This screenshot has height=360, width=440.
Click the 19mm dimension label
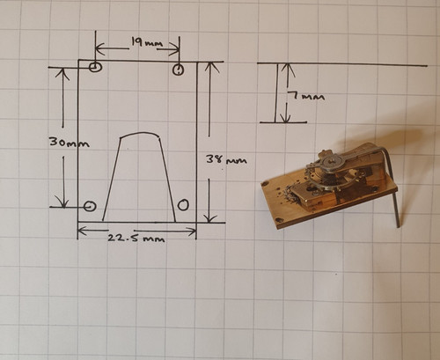click(146, 43)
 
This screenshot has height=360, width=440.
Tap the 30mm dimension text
click(70, 143)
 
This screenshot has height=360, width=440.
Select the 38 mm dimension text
click(226, 160)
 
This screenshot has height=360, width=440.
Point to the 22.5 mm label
click(136, 238)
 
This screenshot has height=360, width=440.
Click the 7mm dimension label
click(306, 96)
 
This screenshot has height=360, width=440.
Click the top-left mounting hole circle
click(95, 67)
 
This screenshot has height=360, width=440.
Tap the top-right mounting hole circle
click(178, 70)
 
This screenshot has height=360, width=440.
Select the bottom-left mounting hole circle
click(90, 206)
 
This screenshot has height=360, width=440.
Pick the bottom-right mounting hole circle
click(183, 204)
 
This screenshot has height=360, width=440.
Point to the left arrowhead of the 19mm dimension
click(100, 48)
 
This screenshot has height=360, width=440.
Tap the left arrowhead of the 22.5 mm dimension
click(83, 231)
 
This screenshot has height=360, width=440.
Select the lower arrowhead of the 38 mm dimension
click(209, 217)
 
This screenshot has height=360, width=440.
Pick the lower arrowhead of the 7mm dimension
click(285, 117)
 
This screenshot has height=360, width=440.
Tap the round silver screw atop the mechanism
click(332, 160)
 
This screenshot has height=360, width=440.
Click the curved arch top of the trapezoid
click(140, 133)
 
